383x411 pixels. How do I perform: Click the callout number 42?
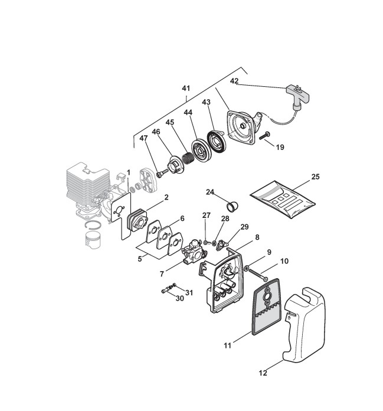click(x=234, y=81)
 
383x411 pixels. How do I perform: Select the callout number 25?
click(x=315, y=177)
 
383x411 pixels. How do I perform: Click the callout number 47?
click(x=143, y=138)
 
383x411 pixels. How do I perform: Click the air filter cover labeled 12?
click(x=308, y=328)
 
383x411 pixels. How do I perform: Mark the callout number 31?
click(x=189, y=292)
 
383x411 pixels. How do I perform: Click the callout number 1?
click(x=128, y=172)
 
